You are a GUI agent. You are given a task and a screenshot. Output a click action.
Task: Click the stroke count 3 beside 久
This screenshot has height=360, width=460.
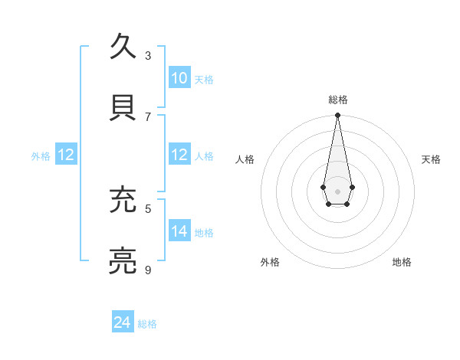tap(148, 56)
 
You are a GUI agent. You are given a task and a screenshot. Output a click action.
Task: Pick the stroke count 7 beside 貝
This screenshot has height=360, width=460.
tap(148, 116)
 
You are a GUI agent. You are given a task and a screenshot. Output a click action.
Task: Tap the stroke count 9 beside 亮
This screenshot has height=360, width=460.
tap(148, 270)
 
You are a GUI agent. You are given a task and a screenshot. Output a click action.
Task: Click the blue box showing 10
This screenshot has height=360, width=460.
tap(179, 78)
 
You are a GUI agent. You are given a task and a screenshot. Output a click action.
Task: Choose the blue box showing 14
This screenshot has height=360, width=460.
tap(179, 231)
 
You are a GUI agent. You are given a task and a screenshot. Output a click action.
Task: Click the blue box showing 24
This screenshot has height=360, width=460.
tap(123, 322)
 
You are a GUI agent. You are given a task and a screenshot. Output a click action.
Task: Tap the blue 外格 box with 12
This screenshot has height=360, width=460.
tap(66, 155)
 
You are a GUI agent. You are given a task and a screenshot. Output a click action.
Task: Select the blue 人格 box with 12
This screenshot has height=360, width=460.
tap(179, 155)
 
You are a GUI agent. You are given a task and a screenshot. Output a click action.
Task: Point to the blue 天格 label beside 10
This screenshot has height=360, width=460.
tap(204, 80)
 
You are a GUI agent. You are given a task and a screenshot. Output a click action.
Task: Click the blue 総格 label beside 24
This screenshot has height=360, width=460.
tap(147, 324)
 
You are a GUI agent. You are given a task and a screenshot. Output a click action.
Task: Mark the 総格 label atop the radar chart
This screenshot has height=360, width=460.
tap(338, 100)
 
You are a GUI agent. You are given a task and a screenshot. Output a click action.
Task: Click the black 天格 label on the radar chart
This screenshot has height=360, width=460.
tap(431, 159)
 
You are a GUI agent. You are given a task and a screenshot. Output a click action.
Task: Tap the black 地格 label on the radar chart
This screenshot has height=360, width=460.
tap(402, 262)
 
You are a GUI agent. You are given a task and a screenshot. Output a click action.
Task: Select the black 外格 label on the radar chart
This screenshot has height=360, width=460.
tap(270, 262)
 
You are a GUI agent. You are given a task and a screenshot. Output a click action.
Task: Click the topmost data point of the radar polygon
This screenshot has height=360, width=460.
tap(337, 116)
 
